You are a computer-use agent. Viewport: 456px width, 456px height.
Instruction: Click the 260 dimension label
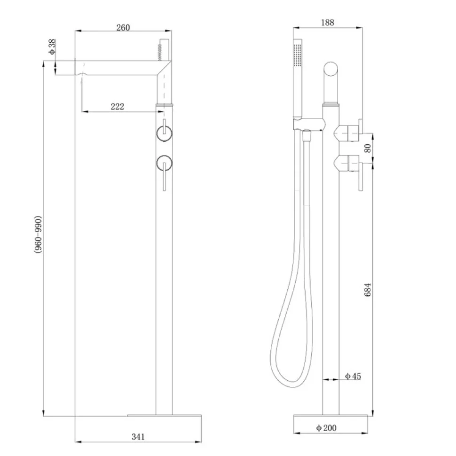(x=123, y=28)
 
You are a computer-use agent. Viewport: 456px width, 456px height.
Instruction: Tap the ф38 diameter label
(x=52, y=47)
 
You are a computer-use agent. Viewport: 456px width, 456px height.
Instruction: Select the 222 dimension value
(x=118, y=106)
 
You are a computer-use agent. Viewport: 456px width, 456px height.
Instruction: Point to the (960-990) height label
(x=38, y=235)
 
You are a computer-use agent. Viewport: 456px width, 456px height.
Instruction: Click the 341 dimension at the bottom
(x=138, y=437)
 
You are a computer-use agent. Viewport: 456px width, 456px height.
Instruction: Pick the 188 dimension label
(x=328, y=23)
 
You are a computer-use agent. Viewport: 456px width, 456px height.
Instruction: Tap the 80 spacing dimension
(x=368, y=148)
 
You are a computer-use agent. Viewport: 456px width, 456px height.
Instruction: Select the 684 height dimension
(x=368, y=290)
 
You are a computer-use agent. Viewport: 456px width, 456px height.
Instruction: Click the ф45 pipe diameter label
(x=353, y=376)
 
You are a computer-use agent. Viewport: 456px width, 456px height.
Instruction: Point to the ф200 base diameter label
(x=326, y=428)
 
